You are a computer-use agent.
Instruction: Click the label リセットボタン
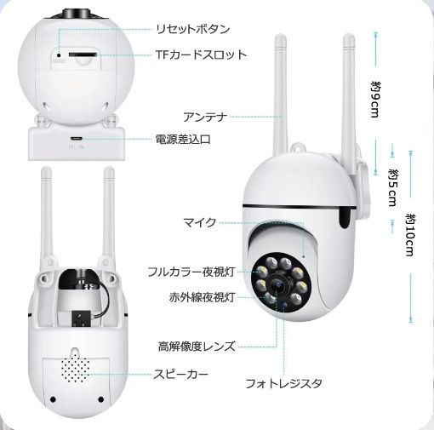[193, 29]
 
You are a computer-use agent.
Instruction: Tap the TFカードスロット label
[201, 54]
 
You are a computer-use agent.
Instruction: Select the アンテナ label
[205, 117]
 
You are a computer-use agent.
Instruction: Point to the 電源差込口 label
[183, 139]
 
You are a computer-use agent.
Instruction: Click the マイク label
[200, 222]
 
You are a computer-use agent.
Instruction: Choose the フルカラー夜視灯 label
[191, 272]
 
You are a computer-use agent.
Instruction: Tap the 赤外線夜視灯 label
[202, 297]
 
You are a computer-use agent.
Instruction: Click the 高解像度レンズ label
[197, 347]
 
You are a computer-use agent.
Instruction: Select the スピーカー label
[180, 374]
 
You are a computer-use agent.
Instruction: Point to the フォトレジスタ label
[283, 383]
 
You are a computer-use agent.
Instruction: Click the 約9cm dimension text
[375, 100]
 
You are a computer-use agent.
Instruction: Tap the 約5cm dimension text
[392, 187]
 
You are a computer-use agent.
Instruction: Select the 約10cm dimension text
[410, 235]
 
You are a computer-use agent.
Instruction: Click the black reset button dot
[59, 54]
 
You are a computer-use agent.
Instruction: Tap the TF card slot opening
[83, 54]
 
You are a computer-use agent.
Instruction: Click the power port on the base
[76, 139]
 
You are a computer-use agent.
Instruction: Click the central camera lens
[277, 284]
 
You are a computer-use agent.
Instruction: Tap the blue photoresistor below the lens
[283, 305]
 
